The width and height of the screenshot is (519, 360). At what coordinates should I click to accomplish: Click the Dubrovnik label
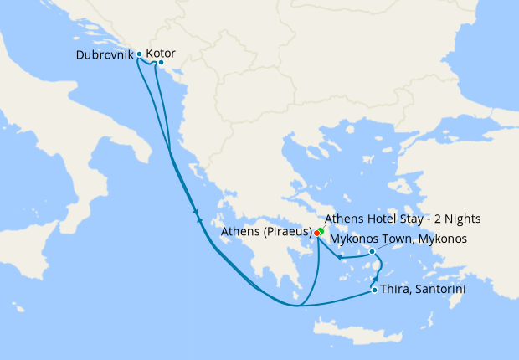104,54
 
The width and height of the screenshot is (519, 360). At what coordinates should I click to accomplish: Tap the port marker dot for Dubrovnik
140,54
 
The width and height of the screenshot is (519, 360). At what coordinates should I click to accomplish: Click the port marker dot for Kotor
161,63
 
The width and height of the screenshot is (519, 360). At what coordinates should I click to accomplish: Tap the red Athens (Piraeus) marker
316,233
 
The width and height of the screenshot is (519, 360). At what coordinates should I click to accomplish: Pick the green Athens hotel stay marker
321,229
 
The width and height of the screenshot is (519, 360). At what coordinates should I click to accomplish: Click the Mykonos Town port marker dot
372,251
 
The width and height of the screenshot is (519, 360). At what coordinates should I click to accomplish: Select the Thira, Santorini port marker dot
373,291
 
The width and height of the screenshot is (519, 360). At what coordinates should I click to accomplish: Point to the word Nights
460,219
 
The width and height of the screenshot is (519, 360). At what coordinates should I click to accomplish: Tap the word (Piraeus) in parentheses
285,232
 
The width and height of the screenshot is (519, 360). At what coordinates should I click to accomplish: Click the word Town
390,239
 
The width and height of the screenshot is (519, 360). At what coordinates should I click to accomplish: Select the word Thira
396,290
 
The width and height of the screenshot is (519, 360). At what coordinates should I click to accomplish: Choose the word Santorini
439,290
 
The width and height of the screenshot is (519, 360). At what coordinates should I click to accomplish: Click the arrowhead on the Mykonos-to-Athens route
340,257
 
